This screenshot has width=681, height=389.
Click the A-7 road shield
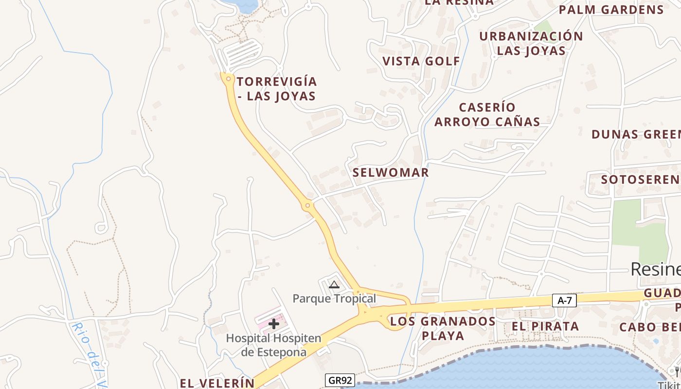tap(564, 301)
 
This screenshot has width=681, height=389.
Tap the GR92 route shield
tap(339, 380)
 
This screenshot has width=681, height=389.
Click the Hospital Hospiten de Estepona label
tap(274, 345)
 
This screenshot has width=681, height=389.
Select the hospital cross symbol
tap(274, 324)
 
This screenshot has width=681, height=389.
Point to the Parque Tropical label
tap(334, 299)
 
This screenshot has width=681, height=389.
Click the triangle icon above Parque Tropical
tap(334, 284)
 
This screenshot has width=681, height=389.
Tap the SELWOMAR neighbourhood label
tap(391, 173)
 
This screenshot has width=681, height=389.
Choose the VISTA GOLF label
tap(421, 61)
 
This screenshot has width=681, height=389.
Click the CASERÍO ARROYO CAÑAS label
tap(487, 114)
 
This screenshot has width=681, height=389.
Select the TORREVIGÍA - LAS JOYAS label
tap(277, 88)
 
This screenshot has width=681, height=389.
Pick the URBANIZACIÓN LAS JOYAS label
tap(531, 43)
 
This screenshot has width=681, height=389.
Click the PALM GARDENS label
tap(611, 10)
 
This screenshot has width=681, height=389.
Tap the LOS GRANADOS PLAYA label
tap(443, 328)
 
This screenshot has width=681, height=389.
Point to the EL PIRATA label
tap(545, 326)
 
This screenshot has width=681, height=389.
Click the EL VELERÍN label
tap(217, 383)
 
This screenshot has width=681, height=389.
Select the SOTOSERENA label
tap(641, 179)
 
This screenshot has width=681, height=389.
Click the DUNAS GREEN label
tap(636, 135)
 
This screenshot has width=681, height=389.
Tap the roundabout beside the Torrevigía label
tap(228, 78)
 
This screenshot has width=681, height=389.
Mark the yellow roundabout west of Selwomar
tap(307, 206)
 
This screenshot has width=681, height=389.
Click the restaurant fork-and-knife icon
tap(678, 372)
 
